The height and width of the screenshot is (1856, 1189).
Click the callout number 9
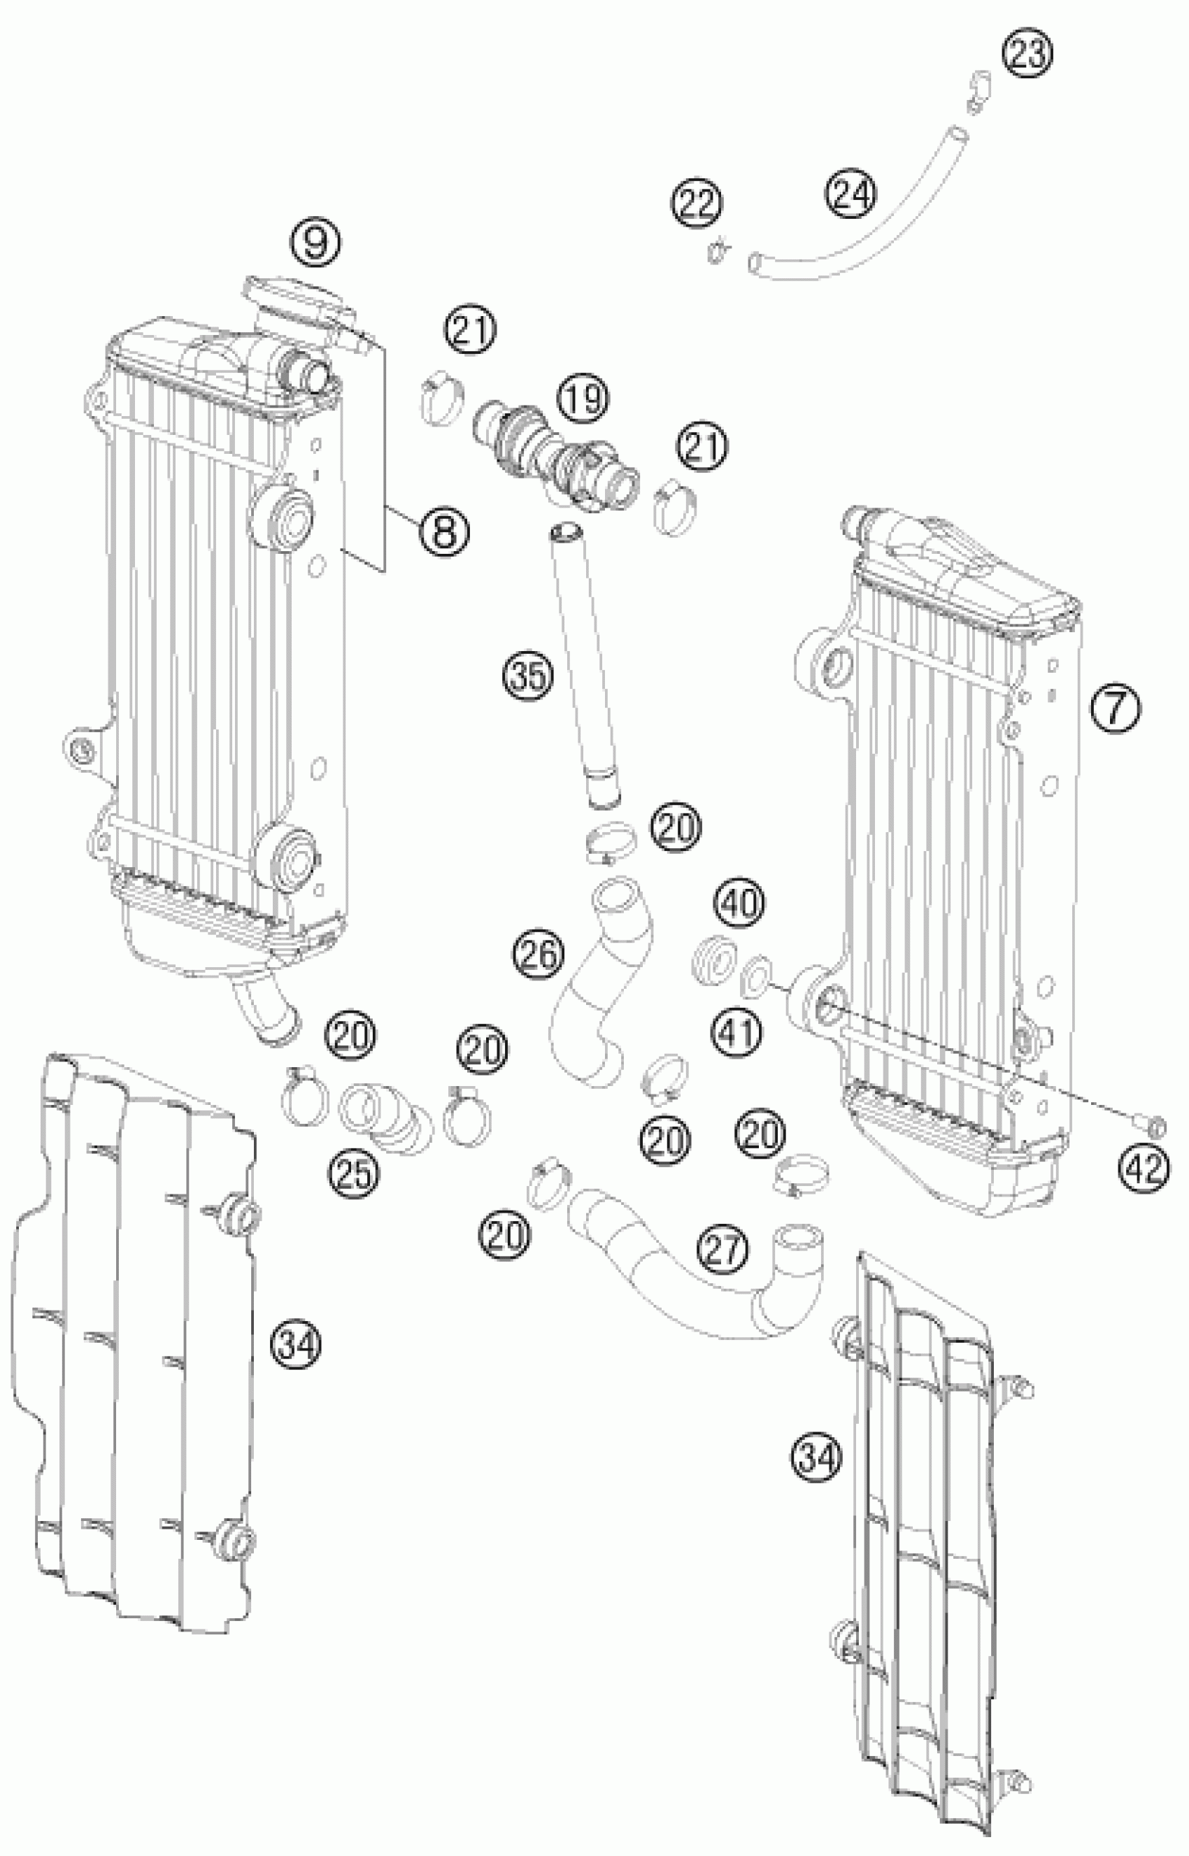click(x=315, y=243)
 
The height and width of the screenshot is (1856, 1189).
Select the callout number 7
click(x=1115, y=707)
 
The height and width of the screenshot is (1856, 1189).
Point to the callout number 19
click(x=585, y=399)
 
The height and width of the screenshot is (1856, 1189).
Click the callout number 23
click(x=1027, y=54)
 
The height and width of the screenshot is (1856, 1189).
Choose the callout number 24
click(x=852, y=193)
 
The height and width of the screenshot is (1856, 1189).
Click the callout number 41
click(x=737, y=1031)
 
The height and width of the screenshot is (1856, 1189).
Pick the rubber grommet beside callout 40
click(x=711, y=960)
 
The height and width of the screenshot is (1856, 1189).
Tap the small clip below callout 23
click(x=978, y=90)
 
